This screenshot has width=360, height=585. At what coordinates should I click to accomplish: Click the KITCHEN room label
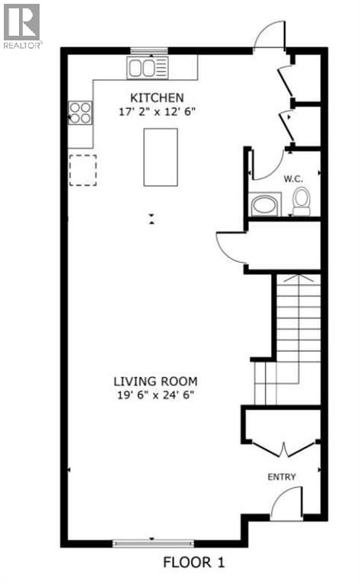157,97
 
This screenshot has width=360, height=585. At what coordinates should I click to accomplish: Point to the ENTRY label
281,477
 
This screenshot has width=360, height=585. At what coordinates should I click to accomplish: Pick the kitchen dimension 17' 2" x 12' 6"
157,111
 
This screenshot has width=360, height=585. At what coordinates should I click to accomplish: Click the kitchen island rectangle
161,157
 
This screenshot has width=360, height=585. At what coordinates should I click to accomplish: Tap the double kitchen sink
148,68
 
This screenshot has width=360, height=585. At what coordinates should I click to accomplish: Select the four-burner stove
80,113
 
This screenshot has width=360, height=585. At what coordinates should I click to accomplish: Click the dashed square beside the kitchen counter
82,169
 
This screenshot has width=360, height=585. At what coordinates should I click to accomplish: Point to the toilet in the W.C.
301,202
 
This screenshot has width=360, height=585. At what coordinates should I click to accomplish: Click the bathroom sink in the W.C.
264,205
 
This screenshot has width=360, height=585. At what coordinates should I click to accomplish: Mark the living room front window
153,543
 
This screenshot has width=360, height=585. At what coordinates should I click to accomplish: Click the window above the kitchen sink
148,51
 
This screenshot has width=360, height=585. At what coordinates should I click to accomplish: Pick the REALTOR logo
21,25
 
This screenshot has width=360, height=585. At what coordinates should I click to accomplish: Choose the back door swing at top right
268,35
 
